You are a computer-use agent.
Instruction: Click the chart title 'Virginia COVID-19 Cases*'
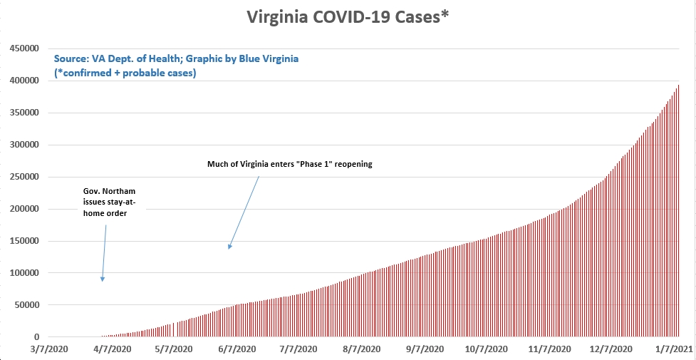point(348,17)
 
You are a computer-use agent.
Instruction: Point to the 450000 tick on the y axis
point(24,48)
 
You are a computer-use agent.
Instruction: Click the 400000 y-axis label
point(24,81)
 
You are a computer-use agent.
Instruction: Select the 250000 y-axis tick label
point(24,177)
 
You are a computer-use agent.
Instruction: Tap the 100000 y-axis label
point(24,273)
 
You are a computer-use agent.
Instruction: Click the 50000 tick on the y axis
point(26,305)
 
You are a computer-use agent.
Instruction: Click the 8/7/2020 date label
point(363,349)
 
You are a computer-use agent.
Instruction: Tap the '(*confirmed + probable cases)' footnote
point(125,73)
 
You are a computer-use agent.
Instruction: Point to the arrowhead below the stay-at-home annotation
point(103,279)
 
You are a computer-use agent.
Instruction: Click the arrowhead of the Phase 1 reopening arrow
point(229,247)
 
